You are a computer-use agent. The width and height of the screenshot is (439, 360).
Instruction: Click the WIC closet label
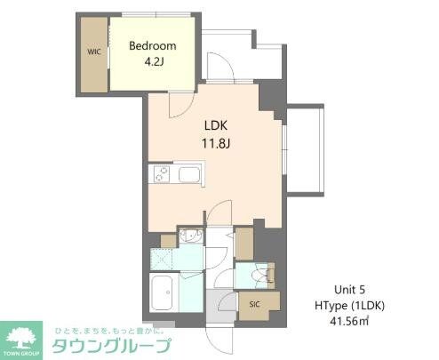[92, 52]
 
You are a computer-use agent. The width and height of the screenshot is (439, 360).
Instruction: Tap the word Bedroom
[152, 46]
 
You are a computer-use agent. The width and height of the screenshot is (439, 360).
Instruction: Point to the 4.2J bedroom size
[152, 63]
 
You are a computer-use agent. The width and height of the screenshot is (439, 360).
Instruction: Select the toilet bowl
[260, 276]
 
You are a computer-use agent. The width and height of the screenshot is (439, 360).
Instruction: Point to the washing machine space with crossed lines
[163, 260]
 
